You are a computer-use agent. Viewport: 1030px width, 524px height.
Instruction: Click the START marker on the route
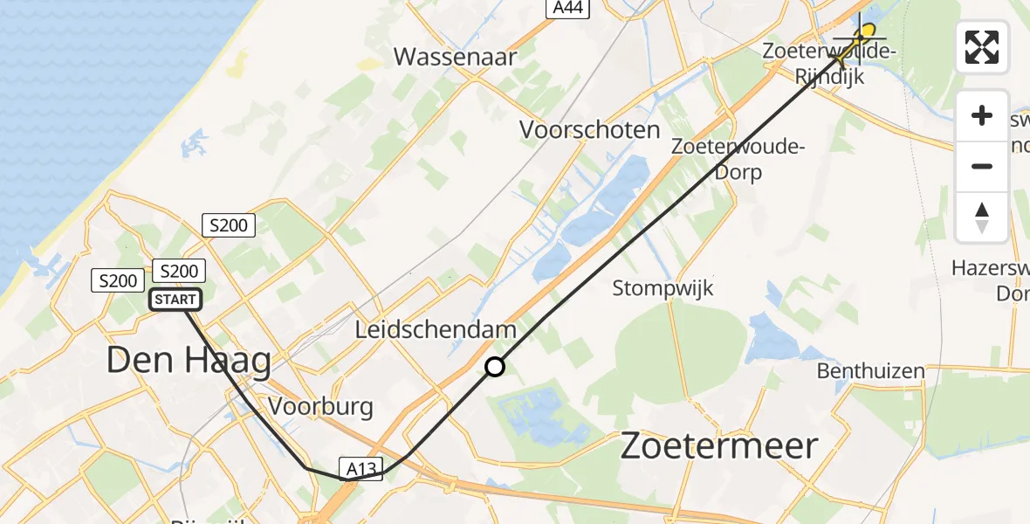pyautogui.click(x=175, y=300)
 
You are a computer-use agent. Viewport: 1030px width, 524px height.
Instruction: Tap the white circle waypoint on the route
pyautogui.click(x=495, y=367)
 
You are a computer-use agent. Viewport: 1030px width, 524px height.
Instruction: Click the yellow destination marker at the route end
pyautogui.click(x=867, y=31)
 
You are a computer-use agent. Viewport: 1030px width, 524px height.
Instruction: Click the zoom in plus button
pyautogui.click(x=982, y=116)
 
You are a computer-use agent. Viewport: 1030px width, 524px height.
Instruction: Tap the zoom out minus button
pyautogui.click(x=982, y=166)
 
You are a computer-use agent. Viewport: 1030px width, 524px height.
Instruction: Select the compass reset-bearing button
pyautogui.click(x=982, y=217)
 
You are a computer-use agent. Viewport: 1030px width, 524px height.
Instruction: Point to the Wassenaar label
pyautogui.click(x=455, y=58)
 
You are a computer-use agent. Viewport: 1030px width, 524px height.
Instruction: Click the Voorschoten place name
pyautogui.click(x=590, y=130)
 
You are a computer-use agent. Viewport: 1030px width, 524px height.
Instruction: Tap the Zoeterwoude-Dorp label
pyautogui.click(x=736, y=159)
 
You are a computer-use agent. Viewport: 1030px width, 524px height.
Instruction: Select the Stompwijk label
pyautogui.click(x=663, y=287)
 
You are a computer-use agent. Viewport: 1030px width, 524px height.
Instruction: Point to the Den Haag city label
pyautogui.click(x=189, y=360)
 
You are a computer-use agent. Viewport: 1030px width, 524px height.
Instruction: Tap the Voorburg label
pyautogui.click(x=320, y=406)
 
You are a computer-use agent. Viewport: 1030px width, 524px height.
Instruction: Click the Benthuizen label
pyautogui.click(x=870, y=371)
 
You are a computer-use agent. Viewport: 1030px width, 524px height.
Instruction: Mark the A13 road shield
pyautogui.click(x=360, y=470)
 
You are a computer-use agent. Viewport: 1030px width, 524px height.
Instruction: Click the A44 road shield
pyautogui.click(x=569, y=8)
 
